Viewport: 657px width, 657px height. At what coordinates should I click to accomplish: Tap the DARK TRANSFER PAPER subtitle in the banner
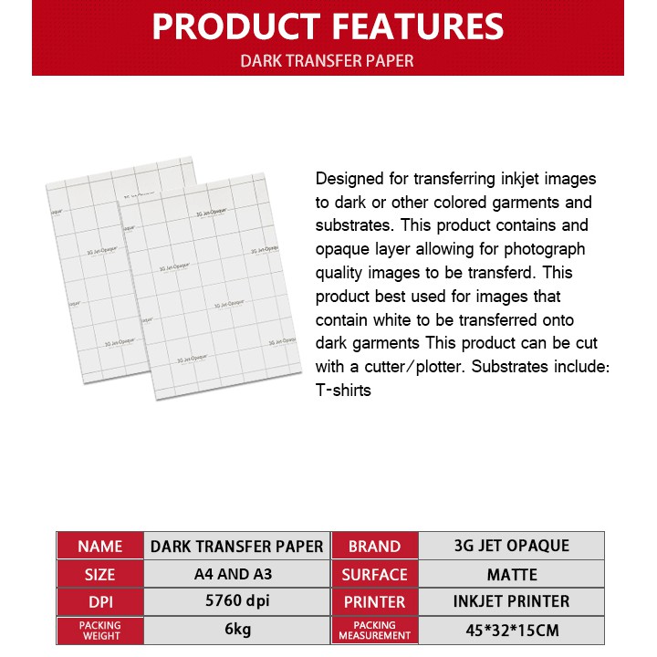(x=327, y=61)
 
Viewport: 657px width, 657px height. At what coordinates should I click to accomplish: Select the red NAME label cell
(x=100, y=546)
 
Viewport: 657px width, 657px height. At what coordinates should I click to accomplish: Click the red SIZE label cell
(x=100, y=574)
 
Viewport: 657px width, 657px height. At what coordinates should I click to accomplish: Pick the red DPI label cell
(x=100, y=602)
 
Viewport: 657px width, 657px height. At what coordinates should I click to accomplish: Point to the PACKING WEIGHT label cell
(x=100, y=631)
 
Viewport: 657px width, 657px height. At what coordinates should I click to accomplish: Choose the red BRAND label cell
(x=374, y=546)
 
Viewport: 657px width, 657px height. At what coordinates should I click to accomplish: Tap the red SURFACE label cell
(x=374, y=574)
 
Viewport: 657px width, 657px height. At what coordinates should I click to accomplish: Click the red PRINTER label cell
(x=374, y=602)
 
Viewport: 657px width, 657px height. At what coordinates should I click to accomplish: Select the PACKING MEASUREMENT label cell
(x=374, y=631)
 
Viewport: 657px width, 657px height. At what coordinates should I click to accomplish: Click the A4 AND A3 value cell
(x=236, y=574)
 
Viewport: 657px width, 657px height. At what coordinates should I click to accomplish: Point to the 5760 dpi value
(x=236, y=602)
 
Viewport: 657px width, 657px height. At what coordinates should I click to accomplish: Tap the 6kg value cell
(x=236, y=631)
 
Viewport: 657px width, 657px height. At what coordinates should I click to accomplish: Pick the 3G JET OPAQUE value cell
(x=511, y=546)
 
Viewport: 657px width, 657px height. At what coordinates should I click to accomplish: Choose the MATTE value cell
(x=511, y=574)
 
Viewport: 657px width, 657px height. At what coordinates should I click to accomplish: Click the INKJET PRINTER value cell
(x=511, y=602)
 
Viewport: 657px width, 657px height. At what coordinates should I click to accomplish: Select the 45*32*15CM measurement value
(x=511, y=631)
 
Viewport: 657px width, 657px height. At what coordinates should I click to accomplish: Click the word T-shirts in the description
(x=343, y=390)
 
